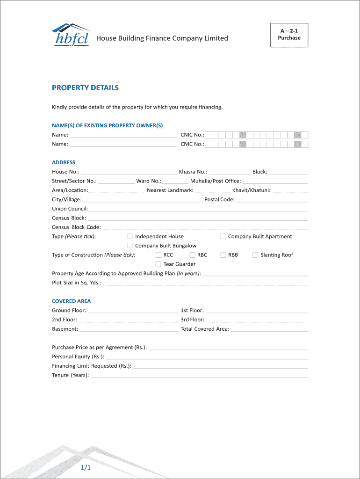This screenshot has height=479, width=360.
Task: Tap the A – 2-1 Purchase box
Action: pyautogui.click(x=289, y=35)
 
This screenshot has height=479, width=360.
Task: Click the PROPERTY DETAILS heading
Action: pyautogui.click(x=85, y=88)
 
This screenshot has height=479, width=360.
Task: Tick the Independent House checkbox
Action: pyautogui.click(x=130, y=237)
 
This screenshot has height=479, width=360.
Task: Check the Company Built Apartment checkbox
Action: pyautogui.click(x=223, y=237)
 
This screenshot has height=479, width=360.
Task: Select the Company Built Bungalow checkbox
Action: pyautogui.click(x=130, y=246)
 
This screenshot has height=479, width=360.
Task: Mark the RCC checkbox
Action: pyautogui.click(x=158, y=255)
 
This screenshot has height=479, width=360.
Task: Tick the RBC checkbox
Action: pyautogui.click(x=193, y=255)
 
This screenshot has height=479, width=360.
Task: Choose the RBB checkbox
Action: pyautogui.click(x=223, y=255)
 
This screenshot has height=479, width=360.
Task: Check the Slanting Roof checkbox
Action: pyautogui.click(x=255, y=255)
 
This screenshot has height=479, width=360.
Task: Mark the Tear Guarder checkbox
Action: pyautogui.click(x=158, y=264)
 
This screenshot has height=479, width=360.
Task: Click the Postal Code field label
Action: pyautogui.click(x=219, y=200)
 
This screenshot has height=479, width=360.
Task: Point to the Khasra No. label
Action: pyautogui.click(x=193, y=172)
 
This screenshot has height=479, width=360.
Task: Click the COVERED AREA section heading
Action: pyautogui.click(x=71, y=301)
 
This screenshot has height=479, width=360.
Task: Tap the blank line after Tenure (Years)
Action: pyautogui.click(x=199, y=376)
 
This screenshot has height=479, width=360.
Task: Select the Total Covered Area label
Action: pyautogui.click(x=205, y=329)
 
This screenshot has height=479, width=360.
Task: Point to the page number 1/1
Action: pyautogui.click(x=85, y=468)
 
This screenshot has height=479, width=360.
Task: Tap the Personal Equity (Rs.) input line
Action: pyautogui.click(x=206, y=358)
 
